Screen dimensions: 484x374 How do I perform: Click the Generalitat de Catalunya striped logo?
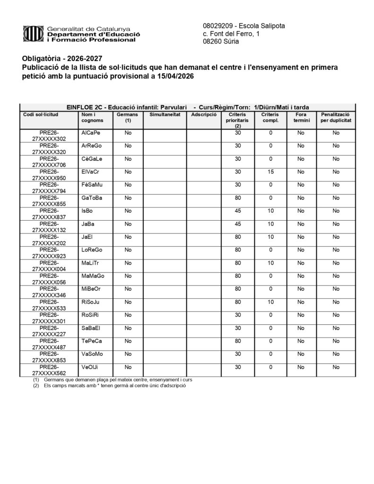point(33,34)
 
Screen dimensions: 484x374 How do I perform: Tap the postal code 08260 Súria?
point(221,42)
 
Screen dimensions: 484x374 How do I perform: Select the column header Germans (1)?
point(127,118)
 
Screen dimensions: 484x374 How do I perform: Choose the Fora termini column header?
point(300,118)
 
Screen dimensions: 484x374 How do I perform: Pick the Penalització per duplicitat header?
point(336,118)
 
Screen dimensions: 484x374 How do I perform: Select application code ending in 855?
point(49,200)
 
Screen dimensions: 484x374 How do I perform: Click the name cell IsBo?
point(87,210)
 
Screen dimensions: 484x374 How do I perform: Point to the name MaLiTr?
point(90,262)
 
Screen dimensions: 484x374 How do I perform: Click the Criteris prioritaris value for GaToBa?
point(238,198)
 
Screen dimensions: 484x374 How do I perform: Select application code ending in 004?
point(49,266)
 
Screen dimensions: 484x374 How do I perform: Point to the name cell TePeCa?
point(92,340)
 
